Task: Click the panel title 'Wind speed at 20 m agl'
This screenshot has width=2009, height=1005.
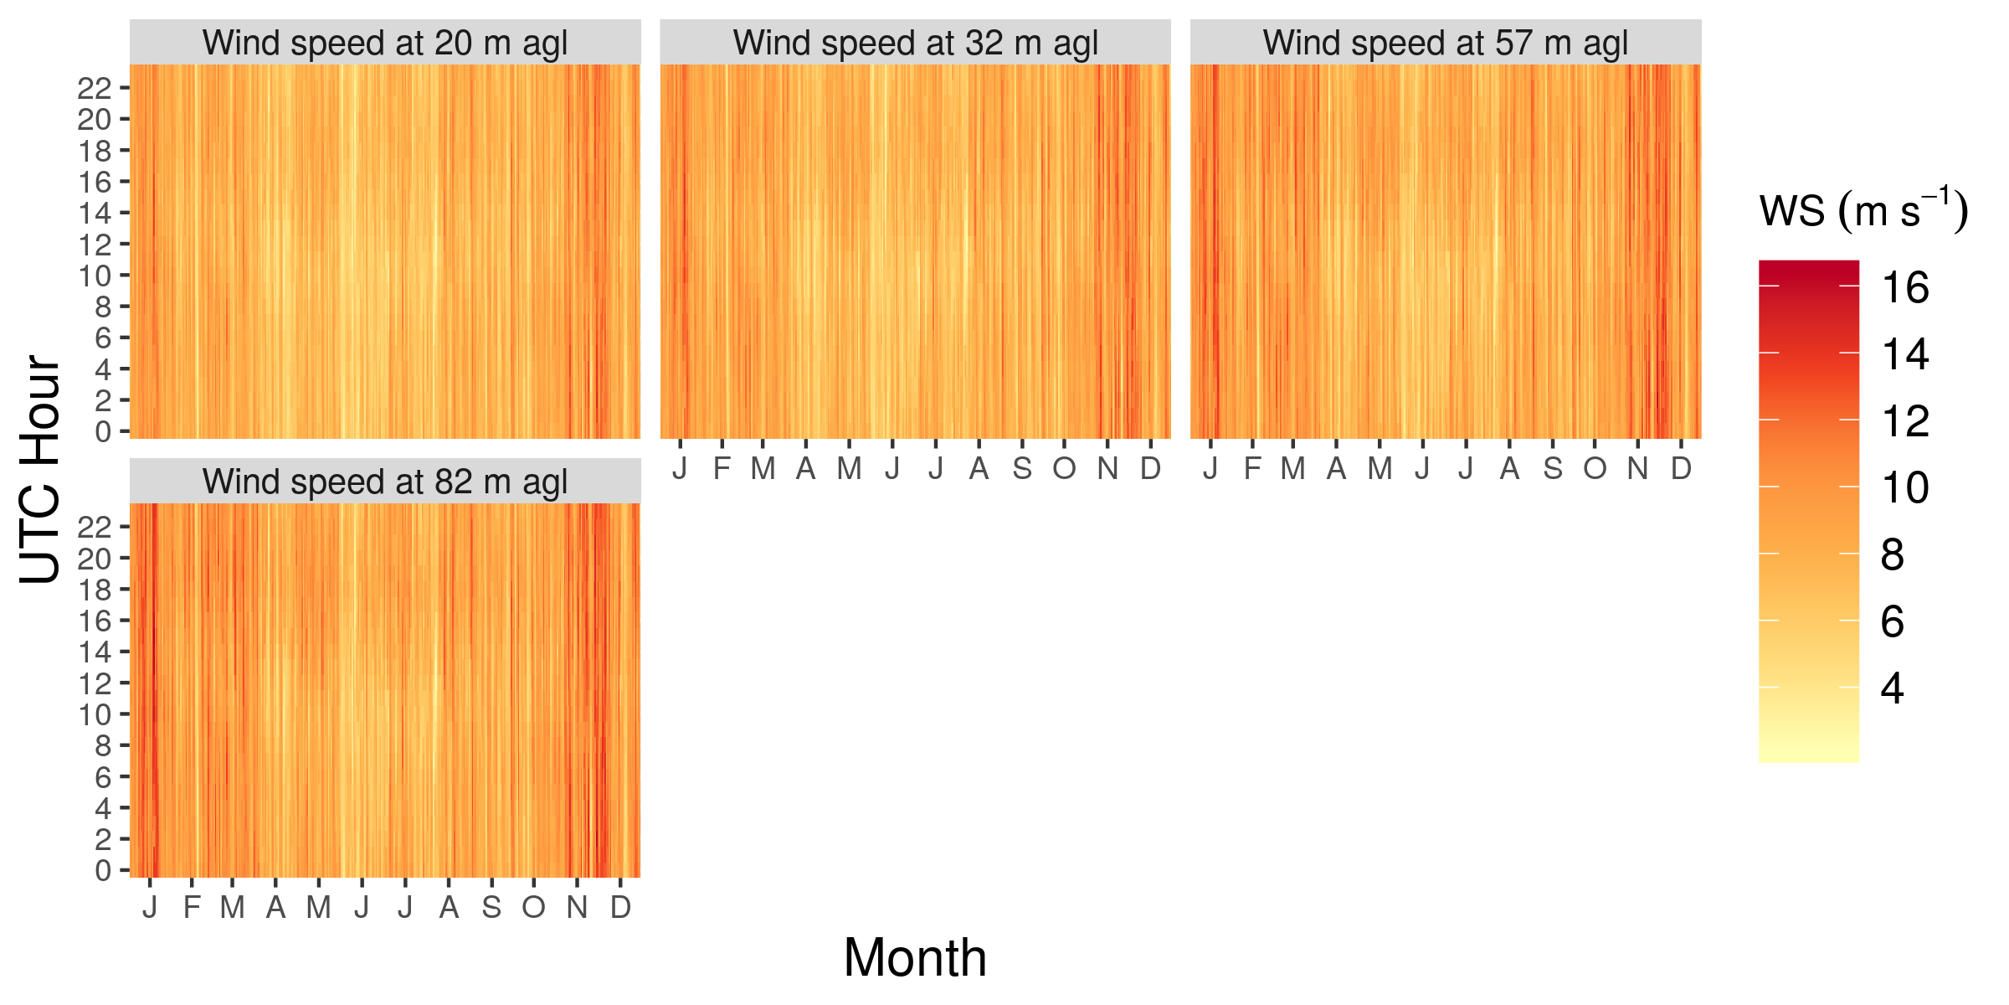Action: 385,44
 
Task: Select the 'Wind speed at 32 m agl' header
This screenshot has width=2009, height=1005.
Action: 915,44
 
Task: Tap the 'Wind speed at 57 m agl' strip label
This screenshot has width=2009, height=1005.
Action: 1446,44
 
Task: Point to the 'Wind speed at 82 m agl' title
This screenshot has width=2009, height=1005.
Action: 385,482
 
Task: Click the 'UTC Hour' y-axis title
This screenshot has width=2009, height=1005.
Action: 40,469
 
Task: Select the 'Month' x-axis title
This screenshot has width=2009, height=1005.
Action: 915,957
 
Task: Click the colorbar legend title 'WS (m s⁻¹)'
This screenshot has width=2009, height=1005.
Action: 1863,211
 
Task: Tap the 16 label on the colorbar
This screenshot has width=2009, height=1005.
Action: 1905,288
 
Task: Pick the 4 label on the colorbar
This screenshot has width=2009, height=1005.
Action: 1893,688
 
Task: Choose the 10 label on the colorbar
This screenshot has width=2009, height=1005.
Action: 1905,488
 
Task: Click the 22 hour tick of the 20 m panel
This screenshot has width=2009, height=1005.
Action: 94,88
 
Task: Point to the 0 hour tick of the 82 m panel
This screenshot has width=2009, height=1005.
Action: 103,871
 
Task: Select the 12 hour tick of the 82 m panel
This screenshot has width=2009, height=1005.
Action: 94,683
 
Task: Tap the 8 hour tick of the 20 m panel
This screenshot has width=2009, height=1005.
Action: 103,307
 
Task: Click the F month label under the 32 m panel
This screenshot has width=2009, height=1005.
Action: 722,469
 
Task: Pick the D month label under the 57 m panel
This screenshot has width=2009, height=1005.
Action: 1681,469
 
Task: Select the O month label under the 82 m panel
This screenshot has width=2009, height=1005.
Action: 533,908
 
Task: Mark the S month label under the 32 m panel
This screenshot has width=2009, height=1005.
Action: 1021,469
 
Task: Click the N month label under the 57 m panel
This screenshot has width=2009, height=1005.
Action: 1637,469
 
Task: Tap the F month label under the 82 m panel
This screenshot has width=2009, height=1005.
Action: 192,908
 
